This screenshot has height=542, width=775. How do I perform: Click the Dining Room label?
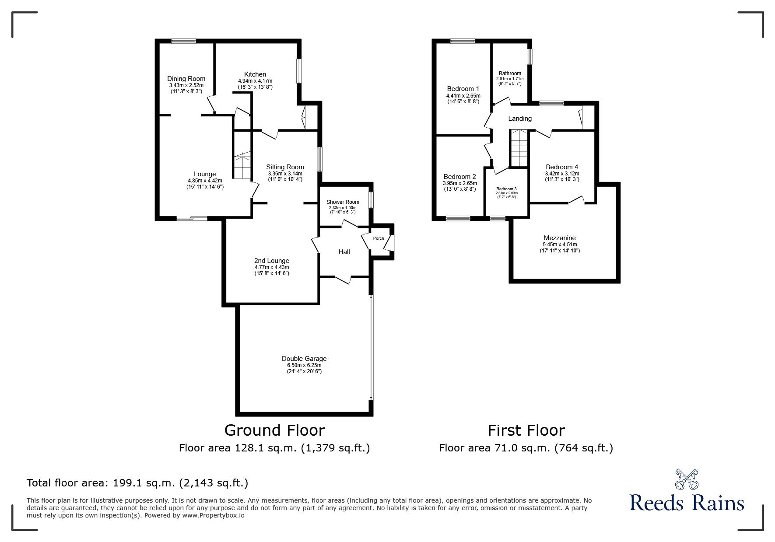(x=186, y=79)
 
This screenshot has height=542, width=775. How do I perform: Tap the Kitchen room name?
(x=255, y=74)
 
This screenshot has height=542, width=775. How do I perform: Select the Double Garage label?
(x=304, y=359)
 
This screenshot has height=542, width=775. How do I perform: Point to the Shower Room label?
(x=343, y=202)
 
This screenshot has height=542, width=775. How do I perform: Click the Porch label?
(x=379, y=238)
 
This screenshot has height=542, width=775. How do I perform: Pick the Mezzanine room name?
(x=559, y=238)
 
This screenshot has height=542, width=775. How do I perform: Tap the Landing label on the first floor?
(x=520, y=119)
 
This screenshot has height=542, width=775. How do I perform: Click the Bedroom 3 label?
(x=506, y=189)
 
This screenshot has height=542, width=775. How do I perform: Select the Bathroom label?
(x=510, y=73)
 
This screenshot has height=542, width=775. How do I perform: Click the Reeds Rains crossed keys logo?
(x=687, y=479)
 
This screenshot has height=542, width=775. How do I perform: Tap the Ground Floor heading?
(x=274, y=430)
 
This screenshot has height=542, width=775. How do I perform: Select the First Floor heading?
(x=526, y=430)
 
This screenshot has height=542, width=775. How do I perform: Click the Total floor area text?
(x=137, y=483)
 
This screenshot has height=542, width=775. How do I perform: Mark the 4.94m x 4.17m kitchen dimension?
(x=255, y=81)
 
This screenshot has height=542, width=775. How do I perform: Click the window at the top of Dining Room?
(x=183, y=42)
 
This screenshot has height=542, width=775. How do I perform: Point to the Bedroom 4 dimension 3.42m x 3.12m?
(x=562, y=174)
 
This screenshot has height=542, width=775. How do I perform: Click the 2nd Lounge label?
(x=272, y=261)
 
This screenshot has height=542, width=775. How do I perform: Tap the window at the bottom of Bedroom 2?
(x=458, y=218)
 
